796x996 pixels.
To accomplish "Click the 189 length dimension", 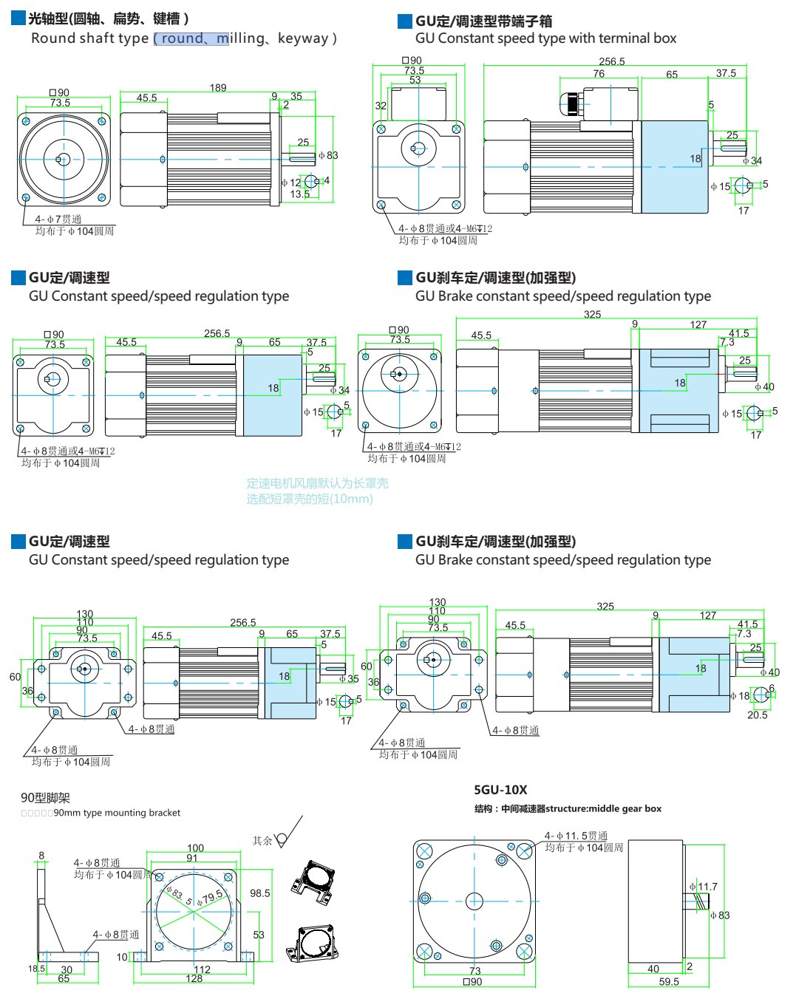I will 218,88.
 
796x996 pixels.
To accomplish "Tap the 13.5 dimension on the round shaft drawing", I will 299,194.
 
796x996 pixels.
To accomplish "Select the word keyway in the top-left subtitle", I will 303,38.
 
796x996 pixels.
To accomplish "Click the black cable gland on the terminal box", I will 572,103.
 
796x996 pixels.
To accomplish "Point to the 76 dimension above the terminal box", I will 599,74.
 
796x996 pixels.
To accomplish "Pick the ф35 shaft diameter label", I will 349,678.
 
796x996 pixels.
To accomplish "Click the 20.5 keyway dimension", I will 758,715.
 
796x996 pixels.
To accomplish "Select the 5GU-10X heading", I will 500,790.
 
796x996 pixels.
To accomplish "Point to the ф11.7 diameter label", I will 704,887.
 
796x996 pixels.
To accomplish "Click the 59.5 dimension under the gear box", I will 669,982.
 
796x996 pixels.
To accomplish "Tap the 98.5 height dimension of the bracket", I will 260,893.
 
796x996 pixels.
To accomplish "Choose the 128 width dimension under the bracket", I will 194,979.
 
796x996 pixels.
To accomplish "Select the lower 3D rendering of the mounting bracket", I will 313,943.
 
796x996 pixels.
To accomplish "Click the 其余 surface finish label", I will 262,841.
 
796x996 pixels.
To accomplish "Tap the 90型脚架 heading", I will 46,798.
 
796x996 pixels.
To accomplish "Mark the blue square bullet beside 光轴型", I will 18,18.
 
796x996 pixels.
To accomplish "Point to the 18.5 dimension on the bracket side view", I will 36,969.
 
